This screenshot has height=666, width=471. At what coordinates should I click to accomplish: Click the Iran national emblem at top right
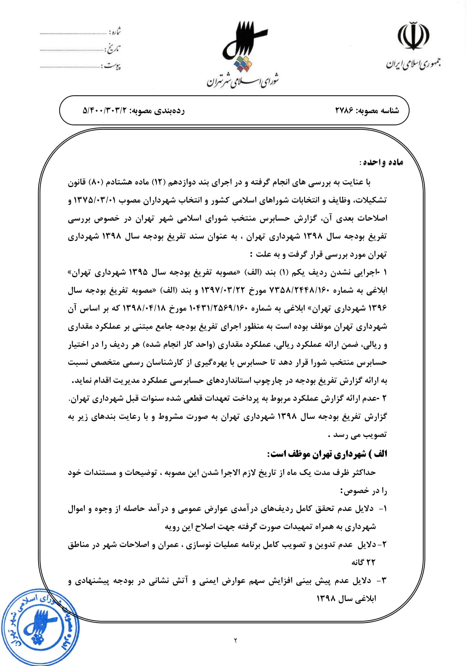pos(413,36)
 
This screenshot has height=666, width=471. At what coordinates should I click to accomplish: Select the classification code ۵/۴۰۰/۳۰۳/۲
pos(105,110)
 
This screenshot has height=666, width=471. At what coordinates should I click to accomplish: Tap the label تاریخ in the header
pos(114,48)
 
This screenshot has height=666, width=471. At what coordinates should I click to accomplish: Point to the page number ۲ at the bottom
pos(235,640)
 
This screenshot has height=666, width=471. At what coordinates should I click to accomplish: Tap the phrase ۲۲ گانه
pos(363,562)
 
